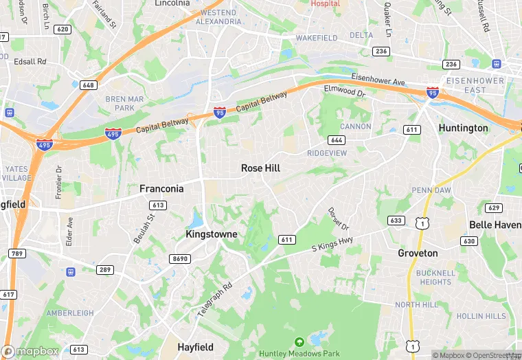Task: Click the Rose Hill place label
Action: [x=260, y=168]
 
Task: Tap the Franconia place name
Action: [x=161, y=188]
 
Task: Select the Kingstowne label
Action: [x=212, y=234]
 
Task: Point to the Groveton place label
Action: [x=418, y=253]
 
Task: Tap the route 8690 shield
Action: [x=179, y=258]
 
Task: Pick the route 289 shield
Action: [x=104, y=269]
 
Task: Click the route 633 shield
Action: [x=396, y=221]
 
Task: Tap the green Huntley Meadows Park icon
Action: [x=299, y=342]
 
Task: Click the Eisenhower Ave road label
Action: [x=378, y=80]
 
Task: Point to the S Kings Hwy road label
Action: [x=332, y=243]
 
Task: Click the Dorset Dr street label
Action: [x=339, y=218]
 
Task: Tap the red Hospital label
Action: [x=325, y=3]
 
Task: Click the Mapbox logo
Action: [x=30, y=351]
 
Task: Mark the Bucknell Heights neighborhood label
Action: [x=435, y=277]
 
